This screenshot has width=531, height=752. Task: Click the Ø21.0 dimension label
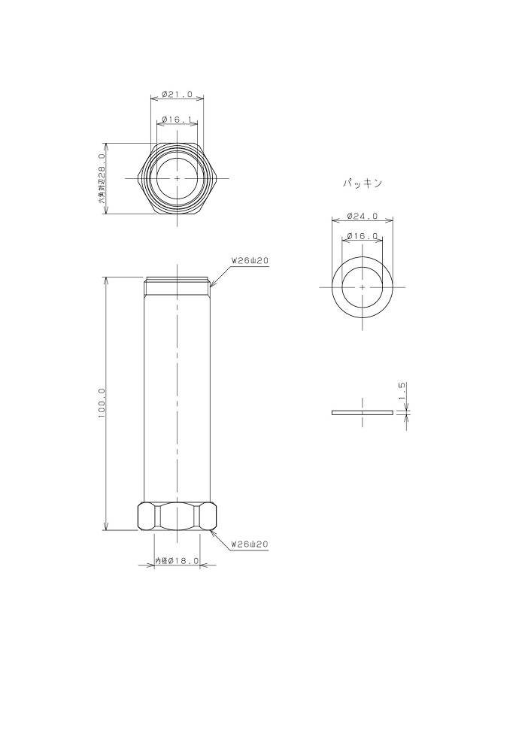pos(177,95)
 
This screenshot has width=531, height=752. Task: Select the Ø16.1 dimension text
pos(177,119)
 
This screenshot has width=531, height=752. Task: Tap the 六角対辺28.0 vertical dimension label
pos(102,179)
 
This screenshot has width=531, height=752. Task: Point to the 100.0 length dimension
pos(102,403)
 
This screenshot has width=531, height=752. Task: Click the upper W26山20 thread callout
pos(250,261)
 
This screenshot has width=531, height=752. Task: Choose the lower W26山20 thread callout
pos(250,544)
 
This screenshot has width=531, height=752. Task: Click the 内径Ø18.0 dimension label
pos(177,560)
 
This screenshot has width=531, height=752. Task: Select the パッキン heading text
pos(363,183)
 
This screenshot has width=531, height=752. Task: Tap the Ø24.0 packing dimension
pos(363,217)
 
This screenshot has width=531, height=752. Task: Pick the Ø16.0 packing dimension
pos(363,236)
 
